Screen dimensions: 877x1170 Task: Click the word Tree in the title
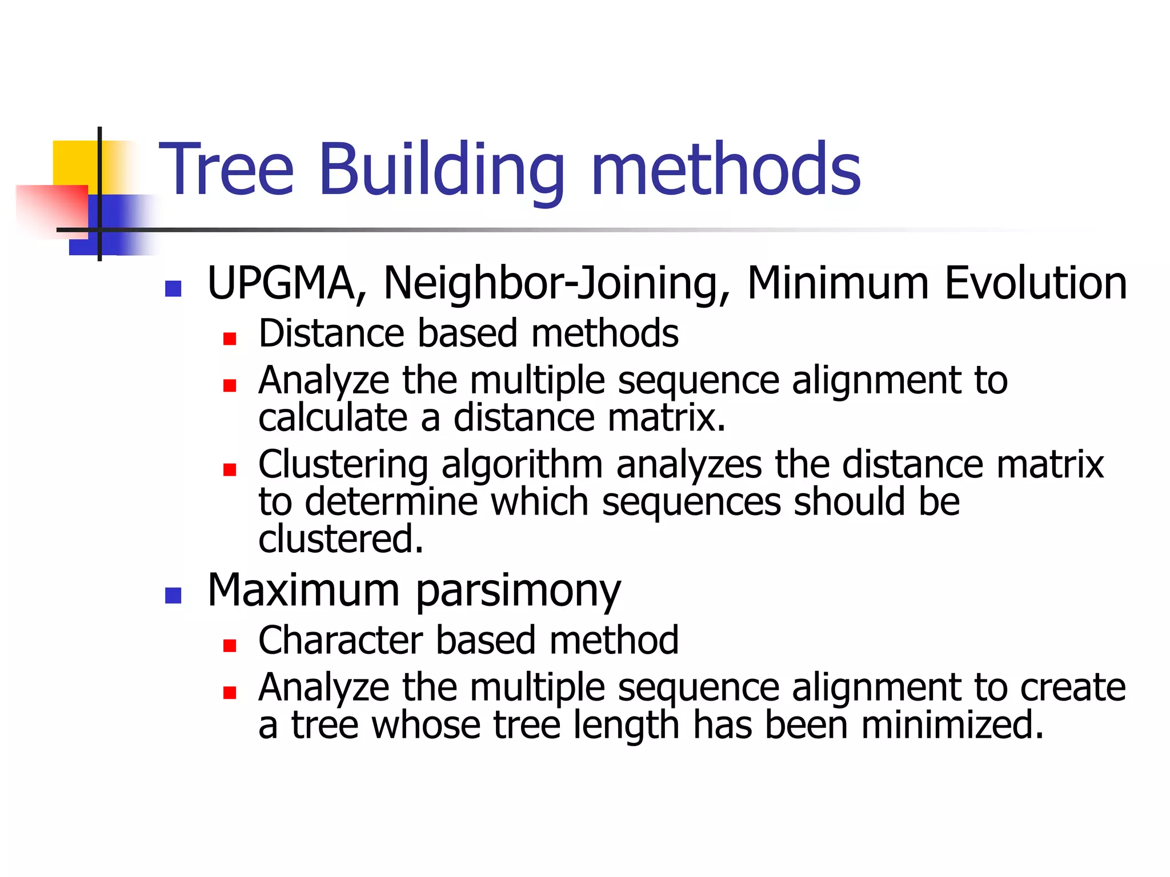click(226, 170)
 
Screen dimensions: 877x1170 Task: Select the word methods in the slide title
click(726, 170)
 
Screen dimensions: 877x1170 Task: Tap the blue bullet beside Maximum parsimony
click(173, 596)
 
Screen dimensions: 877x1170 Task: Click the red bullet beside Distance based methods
click(230, 339)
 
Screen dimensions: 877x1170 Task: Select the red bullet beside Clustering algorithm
click(230, 470)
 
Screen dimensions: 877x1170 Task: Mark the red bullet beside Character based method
click(230, 646)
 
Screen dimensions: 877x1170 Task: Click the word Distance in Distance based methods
click(331, 333)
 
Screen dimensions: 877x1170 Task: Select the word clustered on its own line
click(340, 539)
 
